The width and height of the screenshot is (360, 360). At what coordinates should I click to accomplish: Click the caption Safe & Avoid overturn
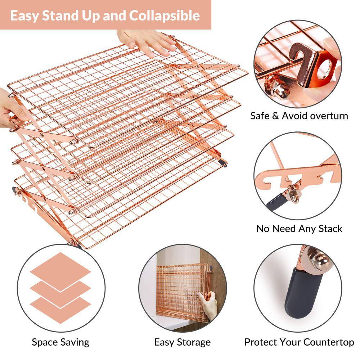pyautogui.click(x=299, y=116)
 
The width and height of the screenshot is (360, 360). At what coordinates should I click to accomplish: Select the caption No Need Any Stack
pyautogui.click(x=299, y=229)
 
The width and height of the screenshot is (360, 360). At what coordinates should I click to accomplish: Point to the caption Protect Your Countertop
pyautogui.click(x=299, y=342)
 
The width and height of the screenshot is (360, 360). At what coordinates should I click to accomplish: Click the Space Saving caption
pyautogui.click(x=60, y=342)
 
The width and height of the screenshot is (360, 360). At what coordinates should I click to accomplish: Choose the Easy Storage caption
pyautogui.click(x=182, y=342)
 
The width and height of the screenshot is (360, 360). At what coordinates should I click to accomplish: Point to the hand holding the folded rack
pyautogui.click(x=210, y=304)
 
